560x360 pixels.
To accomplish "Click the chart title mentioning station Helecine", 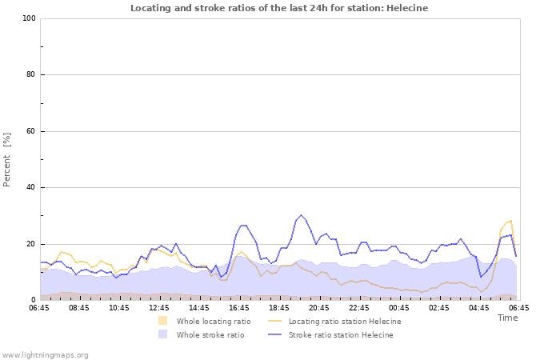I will click(279, 8).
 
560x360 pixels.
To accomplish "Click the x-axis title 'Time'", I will click(507, 318).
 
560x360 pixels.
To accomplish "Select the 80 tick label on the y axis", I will click(31, 75).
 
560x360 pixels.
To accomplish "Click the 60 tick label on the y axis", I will click(31, 131).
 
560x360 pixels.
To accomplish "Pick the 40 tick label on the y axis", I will click(31, 188).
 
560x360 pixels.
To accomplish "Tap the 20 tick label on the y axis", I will click(31, 244).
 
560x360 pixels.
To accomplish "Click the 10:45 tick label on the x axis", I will click(119, 307).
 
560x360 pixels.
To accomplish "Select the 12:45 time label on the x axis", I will click(159, 307).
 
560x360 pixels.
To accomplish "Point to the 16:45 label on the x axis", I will click(239, 307).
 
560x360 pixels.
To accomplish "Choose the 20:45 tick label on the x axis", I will click(319, 307).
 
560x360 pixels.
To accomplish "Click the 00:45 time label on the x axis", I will click(399, 307).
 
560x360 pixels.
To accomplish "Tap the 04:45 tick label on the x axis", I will click(479, 307).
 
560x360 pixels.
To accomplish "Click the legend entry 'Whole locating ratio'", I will click(213, 322).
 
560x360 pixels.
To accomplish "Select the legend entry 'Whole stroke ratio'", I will click(210, 335).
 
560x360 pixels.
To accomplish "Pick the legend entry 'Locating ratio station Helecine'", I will click(344, 322).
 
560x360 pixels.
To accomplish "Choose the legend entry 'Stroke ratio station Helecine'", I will click(340, 335).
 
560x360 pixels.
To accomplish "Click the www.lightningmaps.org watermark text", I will click(45, 354).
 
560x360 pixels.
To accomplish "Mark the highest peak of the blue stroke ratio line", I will click(302, 215).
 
